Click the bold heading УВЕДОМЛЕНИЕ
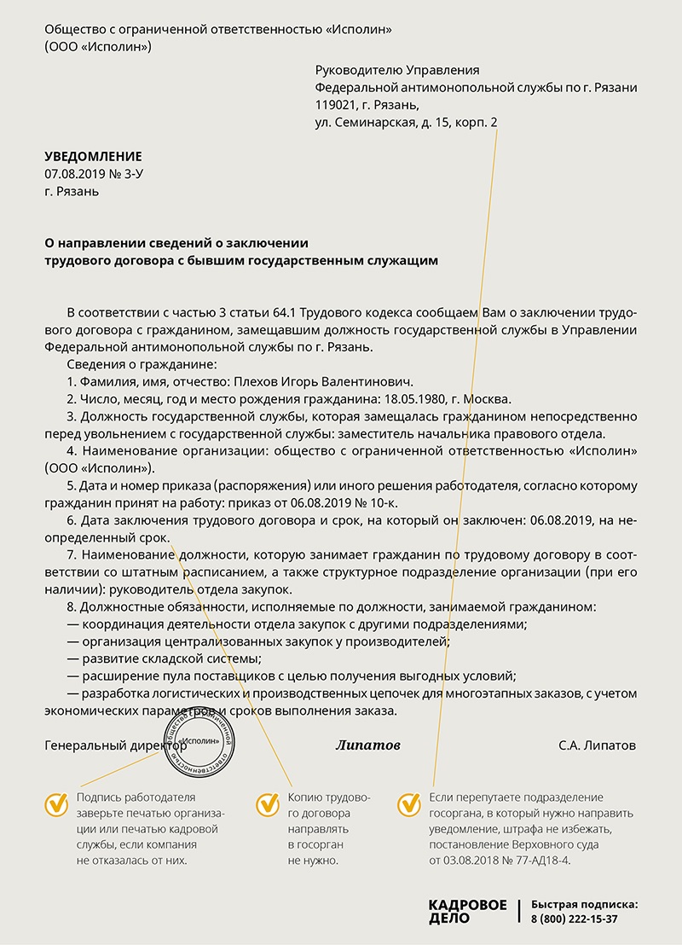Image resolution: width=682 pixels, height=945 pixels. point(94,157)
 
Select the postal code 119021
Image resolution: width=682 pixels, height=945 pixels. point(335,105)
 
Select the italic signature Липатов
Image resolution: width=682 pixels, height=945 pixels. point(367,745)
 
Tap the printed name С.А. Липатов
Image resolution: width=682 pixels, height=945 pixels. point(597,745)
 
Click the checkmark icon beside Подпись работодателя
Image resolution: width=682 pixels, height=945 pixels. point(56,803)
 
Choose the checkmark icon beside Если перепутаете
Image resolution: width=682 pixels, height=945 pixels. point(410,803)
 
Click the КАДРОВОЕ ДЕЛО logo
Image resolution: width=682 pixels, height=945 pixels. point(467,911)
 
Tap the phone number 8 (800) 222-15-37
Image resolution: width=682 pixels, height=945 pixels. point(574,919)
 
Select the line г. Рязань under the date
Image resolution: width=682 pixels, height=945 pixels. point(72,191)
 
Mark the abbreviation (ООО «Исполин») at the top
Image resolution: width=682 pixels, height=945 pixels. point(98,47)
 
